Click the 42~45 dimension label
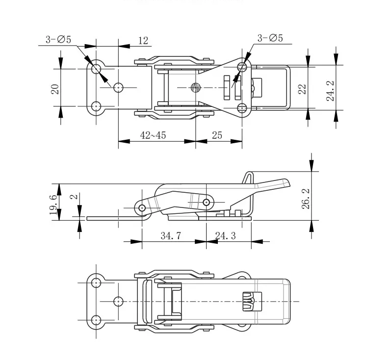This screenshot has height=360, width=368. click(x=153, y=135)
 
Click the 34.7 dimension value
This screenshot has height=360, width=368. click(x=171, y=236)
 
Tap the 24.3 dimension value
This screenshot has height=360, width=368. click(x=226, y=236)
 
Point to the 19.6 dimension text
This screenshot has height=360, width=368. click(x=53, y=202)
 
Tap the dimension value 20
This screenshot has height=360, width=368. click(x=55, y=88)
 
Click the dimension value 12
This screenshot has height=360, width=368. click(x=143, y=41)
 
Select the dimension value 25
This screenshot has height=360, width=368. click(x=217, y=135)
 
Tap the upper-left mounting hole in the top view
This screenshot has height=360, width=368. click(x=96, y=67)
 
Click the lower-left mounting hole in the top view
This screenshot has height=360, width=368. click(x=96, y=105)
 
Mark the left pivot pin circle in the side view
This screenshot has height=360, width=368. click(x=142, y=207)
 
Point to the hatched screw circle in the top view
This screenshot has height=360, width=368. click(x=195, y=88)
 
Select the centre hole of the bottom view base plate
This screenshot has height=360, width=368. click(x=118, y=301)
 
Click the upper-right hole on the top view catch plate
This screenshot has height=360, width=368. click(x=241, y=66)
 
